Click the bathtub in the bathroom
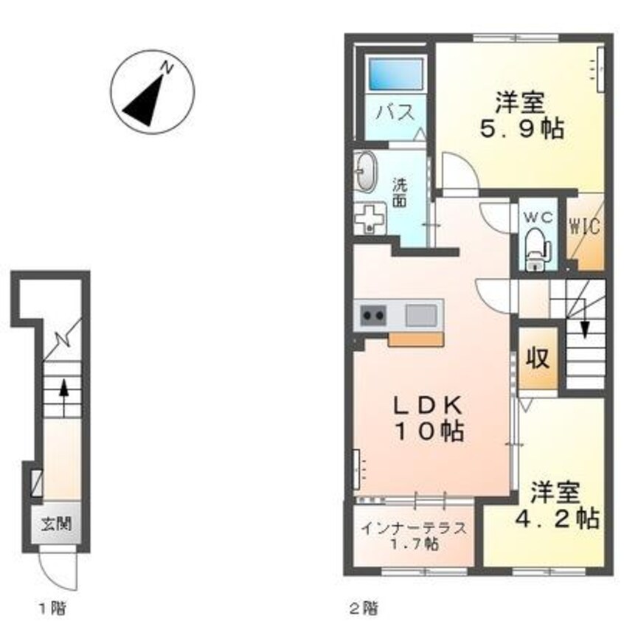tap(396, 74)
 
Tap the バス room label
tap(395, 113)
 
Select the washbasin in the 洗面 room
tap(367, 172)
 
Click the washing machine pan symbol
tap(370, 218)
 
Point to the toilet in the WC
tap(537, 249)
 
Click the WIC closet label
tap(585, 227)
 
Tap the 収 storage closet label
tap(538, 358)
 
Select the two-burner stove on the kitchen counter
tap(373, 316)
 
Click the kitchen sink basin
tap(421, 315)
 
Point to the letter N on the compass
tap(167, 68)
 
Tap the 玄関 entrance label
tap(57, 524)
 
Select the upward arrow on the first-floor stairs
tap(63, 397)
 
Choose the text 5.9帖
tap(521, 128)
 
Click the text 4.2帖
tap(557, 518)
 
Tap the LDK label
tap(428, 406)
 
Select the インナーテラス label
tap(414, 529)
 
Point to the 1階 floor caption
tap(52, 609)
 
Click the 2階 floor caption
tap(364, 609)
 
